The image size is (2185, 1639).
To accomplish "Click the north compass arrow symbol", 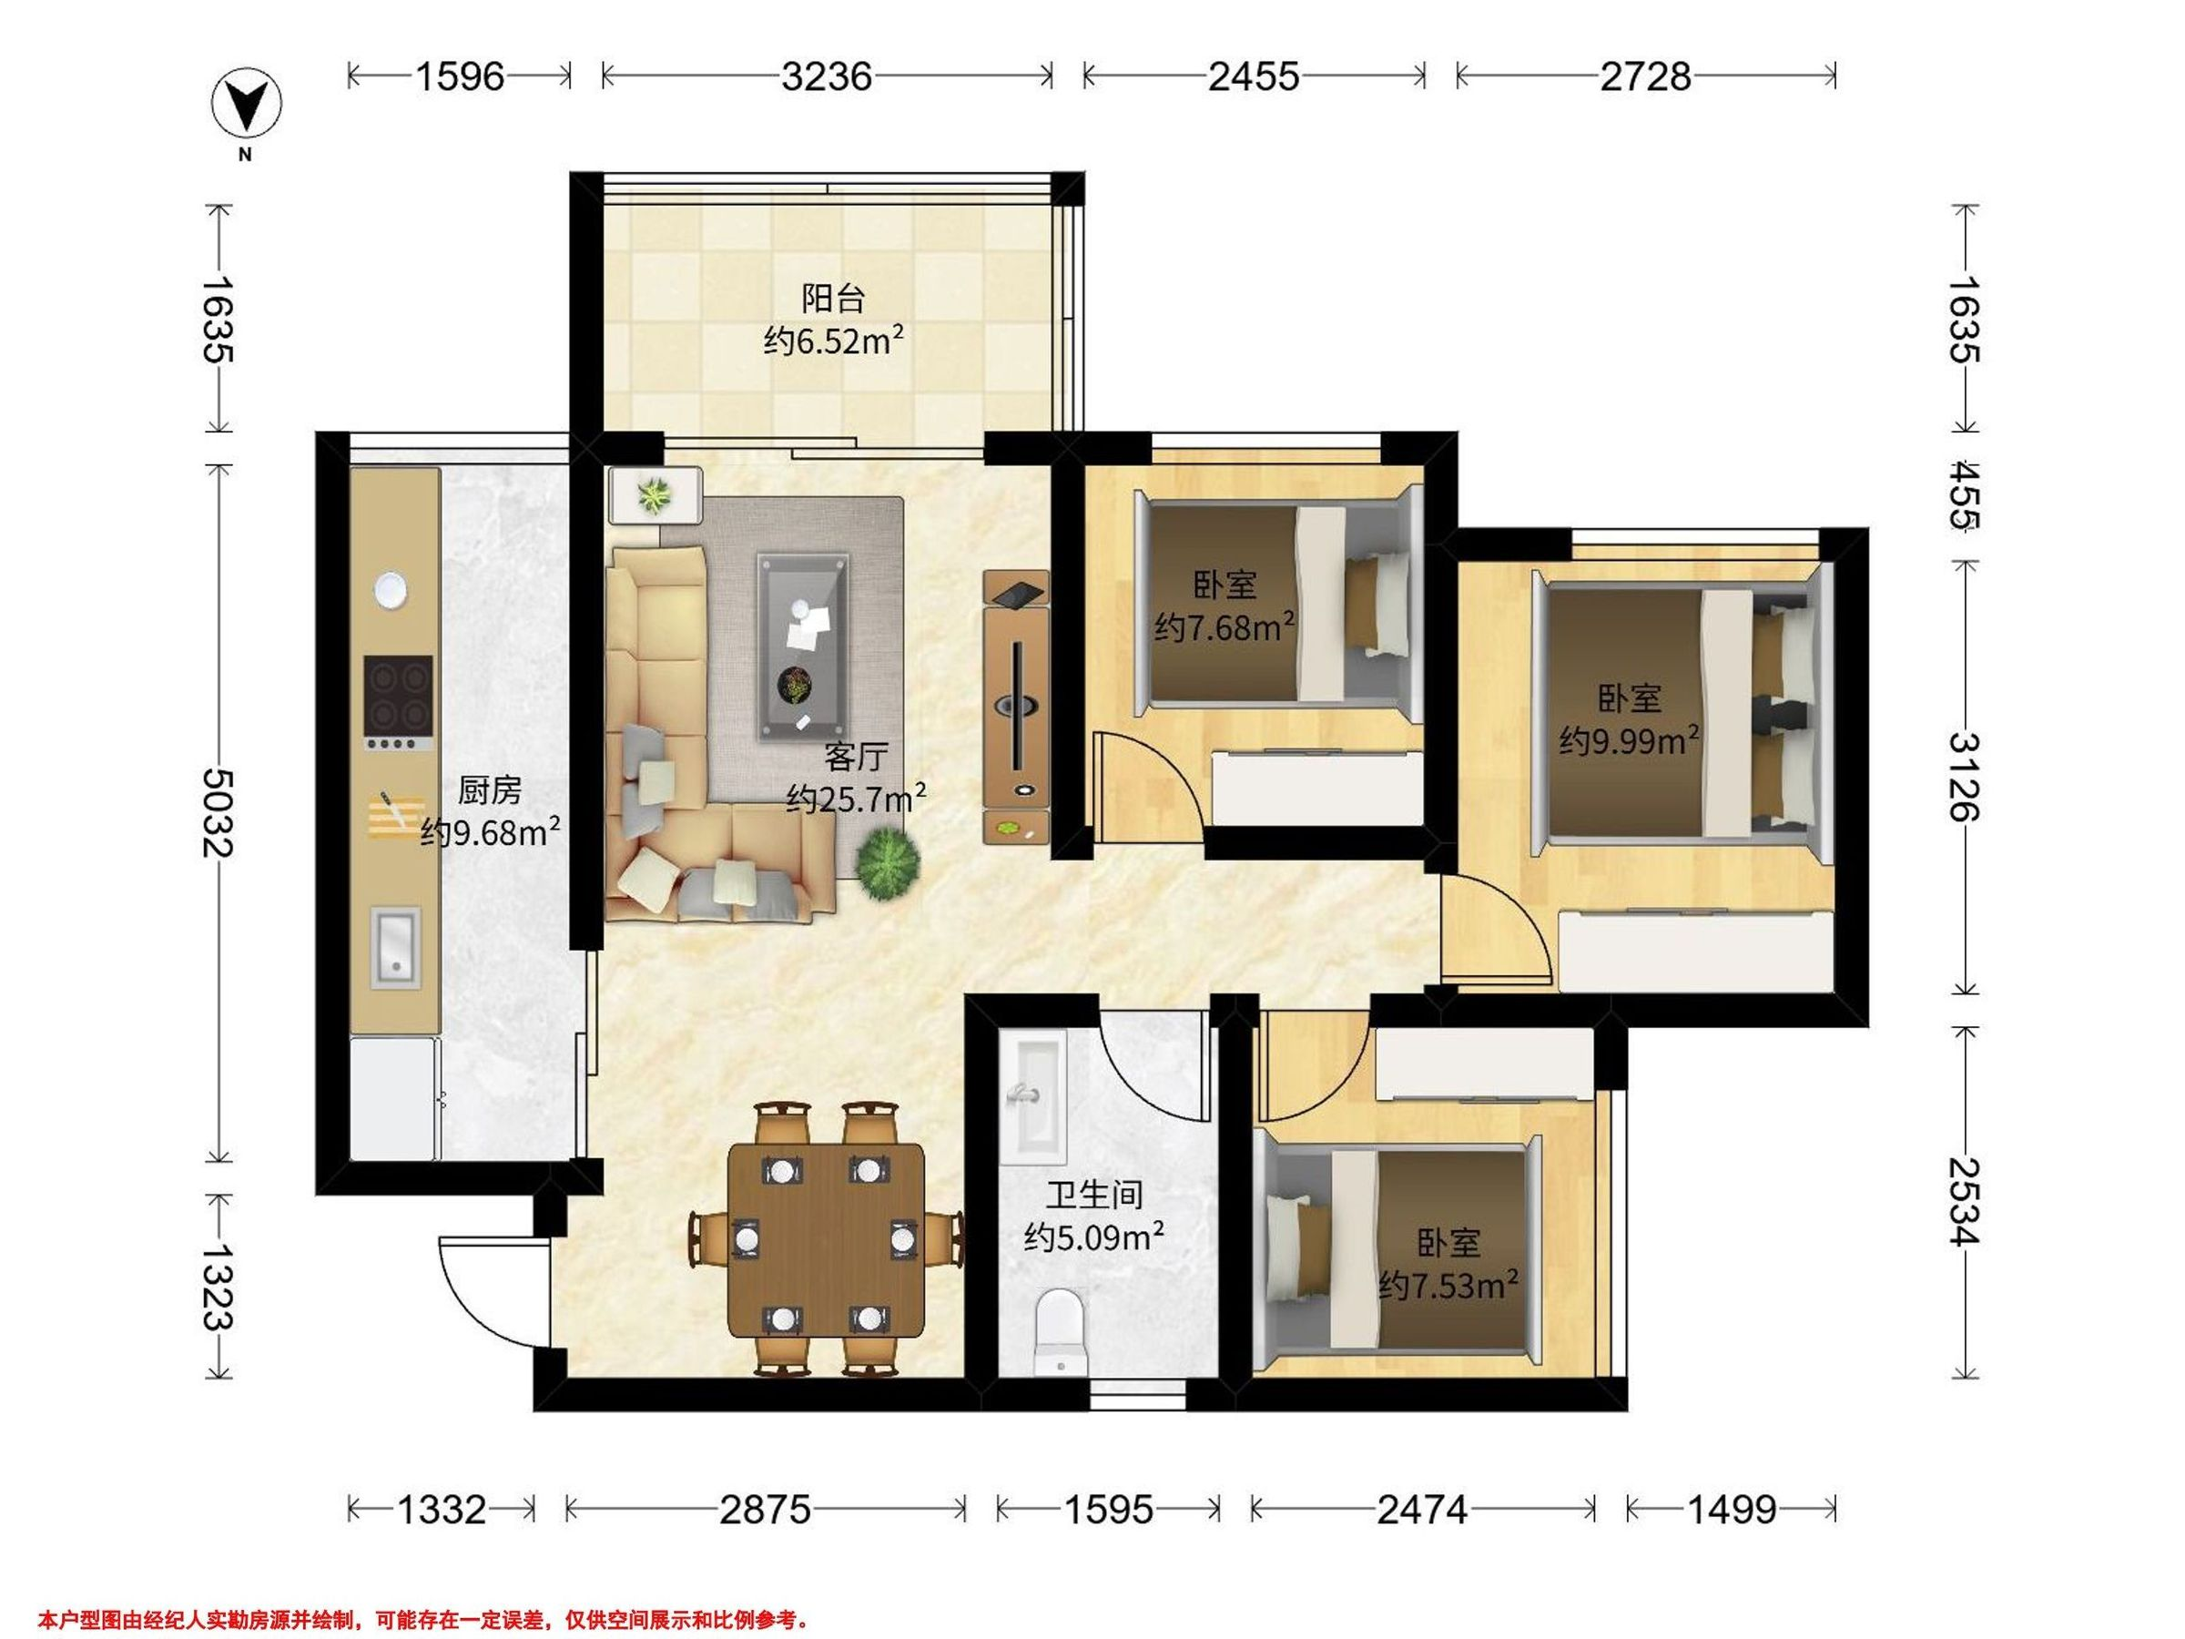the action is (x=246, y=102).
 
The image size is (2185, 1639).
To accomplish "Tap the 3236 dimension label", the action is (x=827, y=76).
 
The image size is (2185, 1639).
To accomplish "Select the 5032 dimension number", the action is (x=218, y=812).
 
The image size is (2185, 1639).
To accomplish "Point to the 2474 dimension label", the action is (x=1422, y=1509).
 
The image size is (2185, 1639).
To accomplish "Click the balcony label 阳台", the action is (x=833, y=298).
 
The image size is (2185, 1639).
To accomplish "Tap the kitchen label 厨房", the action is (x=489, y=790).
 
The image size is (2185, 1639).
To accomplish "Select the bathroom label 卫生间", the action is (x=1094, y=1195).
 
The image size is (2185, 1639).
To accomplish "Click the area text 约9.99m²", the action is (x=1629, y=740).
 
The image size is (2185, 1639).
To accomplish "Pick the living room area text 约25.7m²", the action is (x=856, y=798).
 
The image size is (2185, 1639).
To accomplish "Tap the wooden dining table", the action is (x=827, y=1241).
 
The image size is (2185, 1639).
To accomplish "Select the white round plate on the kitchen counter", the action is (x=391, y=590).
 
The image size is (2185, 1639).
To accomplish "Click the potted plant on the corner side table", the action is (x=653, y=495).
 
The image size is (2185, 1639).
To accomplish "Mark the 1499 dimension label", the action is (x=1732, y=1509).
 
